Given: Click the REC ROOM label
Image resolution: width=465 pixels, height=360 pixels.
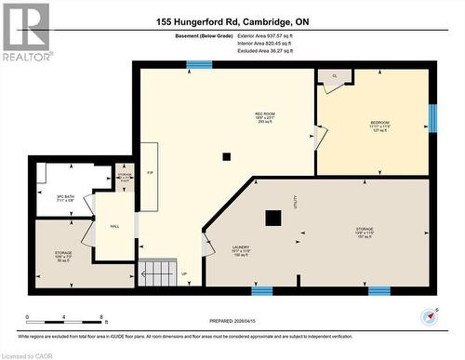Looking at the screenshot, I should tap(266, 115).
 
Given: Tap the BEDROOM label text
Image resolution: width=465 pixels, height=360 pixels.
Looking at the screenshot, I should tap(379, 123).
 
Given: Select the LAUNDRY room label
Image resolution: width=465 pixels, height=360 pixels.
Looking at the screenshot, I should tap(242, 247).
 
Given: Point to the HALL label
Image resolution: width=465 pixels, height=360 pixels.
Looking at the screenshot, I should tap(114, 226).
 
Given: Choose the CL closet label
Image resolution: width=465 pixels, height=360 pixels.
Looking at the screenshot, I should tap(334, 76).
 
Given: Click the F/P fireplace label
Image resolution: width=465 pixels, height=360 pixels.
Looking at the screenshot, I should tap(150, 174).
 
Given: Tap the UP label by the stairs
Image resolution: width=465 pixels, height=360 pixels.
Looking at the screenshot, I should tap(184, 273).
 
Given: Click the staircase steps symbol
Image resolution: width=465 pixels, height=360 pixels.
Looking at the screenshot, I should tap(159, 273).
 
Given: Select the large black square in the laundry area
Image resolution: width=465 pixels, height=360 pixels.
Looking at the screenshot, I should tap(272, 219).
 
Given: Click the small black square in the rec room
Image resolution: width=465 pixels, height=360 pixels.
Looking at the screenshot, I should tap(226, 156).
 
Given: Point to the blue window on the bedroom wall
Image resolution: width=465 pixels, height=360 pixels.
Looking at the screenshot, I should tap(432, 117).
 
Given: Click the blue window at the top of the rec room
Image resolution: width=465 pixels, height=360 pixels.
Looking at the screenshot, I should tap(198, 64).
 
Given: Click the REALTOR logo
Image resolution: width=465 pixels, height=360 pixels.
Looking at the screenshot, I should tap(25, 33).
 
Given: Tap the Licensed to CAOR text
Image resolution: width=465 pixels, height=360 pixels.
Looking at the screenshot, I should tap(27, 354).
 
